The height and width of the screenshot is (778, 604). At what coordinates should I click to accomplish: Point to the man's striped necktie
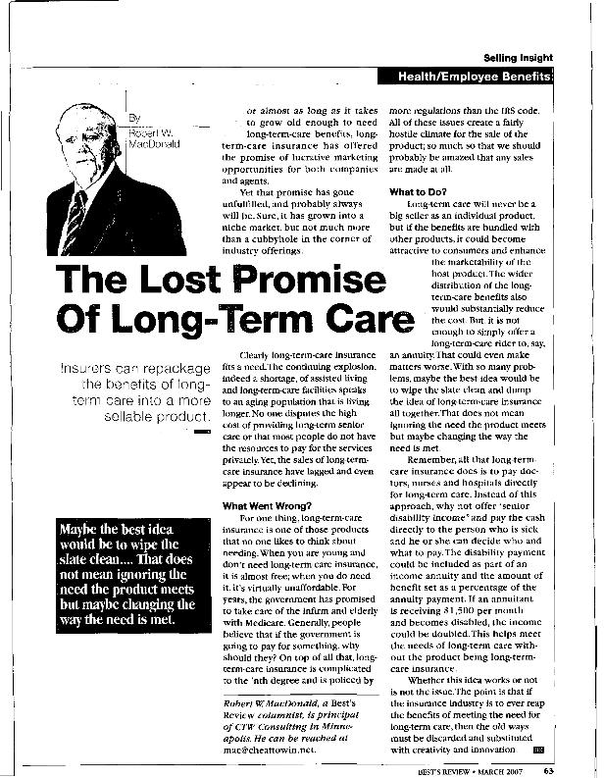(x=75, y=215)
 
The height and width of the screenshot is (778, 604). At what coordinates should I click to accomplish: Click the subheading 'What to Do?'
(x=419, y=191)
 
